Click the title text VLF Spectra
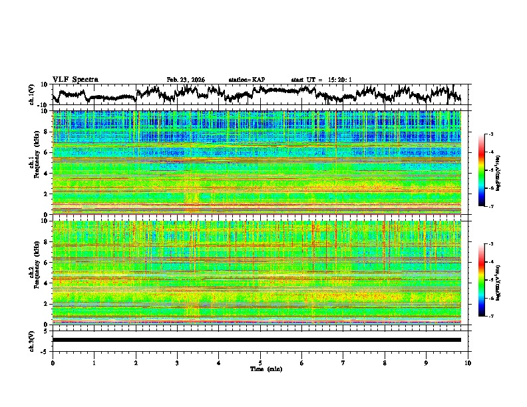point(75,79)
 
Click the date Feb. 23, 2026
point(186,80)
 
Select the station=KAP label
point(246,80)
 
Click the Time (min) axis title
point(265,368)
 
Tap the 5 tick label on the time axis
point(260,362)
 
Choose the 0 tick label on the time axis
point(53,362)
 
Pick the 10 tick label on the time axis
point(468,362)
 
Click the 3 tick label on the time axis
point(177,362)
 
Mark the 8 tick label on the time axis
point(385,362)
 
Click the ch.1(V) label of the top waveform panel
point(31,94)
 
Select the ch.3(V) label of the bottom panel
point(31,340)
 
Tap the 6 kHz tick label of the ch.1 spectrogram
point(45,153)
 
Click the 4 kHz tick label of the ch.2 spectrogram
point(45,283)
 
